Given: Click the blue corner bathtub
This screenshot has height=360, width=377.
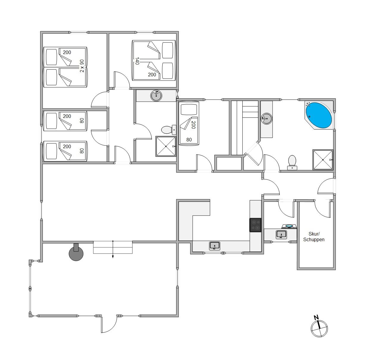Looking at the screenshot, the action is coord(318,115).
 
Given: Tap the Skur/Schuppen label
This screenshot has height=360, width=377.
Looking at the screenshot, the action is coord(314,236).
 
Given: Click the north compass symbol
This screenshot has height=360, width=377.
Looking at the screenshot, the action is coord(319,329).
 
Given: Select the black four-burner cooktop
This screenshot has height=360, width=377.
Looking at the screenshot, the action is coord(255,225).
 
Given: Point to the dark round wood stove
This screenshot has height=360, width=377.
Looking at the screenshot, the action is coord(76,253).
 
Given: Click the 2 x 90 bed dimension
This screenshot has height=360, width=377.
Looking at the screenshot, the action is coord(82,66).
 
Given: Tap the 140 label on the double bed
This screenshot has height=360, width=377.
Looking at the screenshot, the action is coord(137,61).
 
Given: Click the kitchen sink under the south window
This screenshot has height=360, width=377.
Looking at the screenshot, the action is coord(215,246).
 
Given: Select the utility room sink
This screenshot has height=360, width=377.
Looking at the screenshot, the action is coord(281,235).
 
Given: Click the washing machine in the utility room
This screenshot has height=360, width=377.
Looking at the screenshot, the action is coord(289,226).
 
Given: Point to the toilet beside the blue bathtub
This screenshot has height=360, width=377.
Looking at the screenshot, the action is coord(292,162).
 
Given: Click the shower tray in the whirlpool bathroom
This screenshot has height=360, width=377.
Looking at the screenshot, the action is coord(323,160).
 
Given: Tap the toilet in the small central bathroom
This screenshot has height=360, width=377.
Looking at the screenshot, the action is coord(169,130).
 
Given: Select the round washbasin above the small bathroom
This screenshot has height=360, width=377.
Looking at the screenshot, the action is coord(156,96).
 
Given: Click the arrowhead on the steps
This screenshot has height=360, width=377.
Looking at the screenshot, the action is coord(113,257).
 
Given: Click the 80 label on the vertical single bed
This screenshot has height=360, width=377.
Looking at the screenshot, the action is coord(189,140).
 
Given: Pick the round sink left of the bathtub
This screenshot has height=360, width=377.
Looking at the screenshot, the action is coord(267,119).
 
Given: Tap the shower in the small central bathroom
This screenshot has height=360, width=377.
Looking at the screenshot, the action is coord(166,146).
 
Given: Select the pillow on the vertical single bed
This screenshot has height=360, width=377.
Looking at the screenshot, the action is coord(189,109).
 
